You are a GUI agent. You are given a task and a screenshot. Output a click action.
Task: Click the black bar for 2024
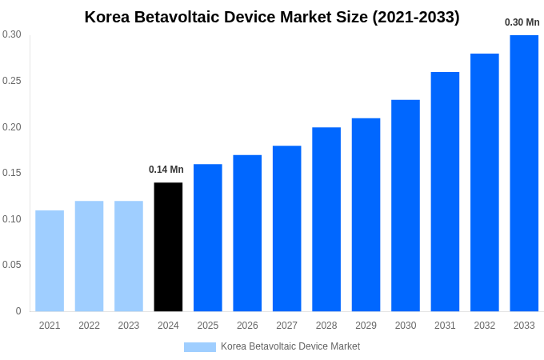pyautogui.click(x=168, y=247)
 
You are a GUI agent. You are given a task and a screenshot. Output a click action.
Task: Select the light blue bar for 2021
pyautogui.click(x=50, y=261)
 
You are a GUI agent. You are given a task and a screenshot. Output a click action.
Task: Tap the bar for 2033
pyautogui.click(x=524, y=173)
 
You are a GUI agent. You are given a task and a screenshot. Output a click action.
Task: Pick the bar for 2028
pyautogui.click(x=326, y=219)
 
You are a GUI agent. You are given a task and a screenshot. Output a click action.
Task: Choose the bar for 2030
pyautogui.click(x=406, y=206)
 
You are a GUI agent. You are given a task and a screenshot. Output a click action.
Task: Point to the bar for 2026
pyautogui.click(x=247, y=233)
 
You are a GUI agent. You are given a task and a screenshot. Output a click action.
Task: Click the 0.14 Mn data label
pyautogui.click(x=166, y=170)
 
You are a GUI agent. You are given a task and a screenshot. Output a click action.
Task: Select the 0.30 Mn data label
pyautogui.click(x=522, y=22)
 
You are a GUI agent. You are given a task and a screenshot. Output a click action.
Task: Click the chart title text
pyautogui.click(x=272, y=17)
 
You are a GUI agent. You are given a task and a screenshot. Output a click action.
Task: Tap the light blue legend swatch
pyautogui.click(x=199, y=347)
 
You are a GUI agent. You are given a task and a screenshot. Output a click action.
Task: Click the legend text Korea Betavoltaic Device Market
pyautogui.click(x=290, y=346)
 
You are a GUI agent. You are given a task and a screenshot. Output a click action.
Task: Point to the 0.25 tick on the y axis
pyautogui.click(x=12, y=81)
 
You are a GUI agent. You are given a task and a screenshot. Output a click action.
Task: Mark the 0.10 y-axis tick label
pyautogui.click(x=12, y=219)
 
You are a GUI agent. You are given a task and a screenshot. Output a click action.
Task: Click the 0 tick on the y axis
pyautogui.click(x=18, y=311)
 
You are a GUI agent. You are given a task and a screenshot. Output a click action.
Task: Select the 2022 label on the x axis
pyautogui.click(x=89, y=326)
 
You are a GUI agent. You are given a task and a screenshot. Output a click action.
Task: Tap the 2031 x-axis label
pyautogui.click(x=445, y=326)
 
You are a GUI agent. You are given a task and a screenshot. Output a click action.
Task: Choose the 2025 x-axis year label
pyautogui.click(x=208, y=326)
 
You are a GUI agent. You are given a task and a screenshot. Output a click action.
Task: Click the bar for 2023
pyautogui.click(x=129, y=256)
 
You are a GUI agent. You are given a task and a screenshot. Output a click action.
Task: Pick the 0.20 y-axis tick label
pyautogui.click(x=12, y=127)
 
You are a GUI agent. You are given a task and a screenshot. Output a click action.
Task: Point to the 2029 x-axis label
pyautogui.click(x=366, y=326)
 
